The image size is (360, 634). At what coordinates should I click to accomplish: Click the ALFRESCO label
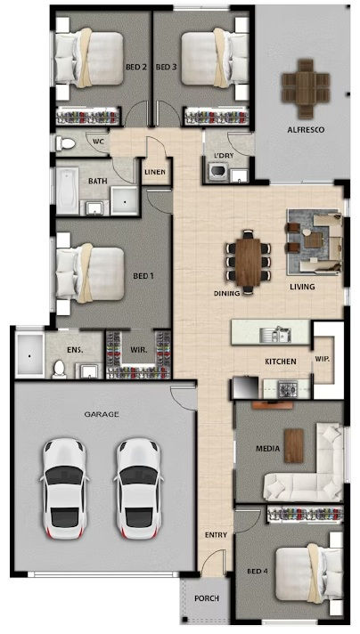pyautogui.click(x=306, y=130)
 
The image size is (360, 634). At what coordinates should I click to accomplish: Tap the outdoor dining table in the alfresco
pyautogui.click(x=306, y=88)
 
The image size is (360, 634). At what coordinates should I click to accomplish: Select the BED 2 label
pyautogui.click(x=136, y=67)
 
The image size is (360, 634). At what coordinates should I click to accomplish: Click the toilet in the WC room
pyautogui.click(x=66, y=142)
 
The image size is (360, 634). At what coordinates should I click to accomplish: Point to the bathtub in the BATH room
pyautogui.click(x=67, y=191)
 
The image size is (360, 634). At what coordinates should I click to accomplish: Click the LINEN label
pyautogui.click(x=155, y=172)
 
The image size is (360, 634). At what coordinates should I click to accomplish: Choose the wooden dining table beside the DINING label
pyautogui.click(x=249, y=263)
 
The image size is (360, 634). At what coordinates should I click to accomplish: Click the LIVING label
pyautogui.click(x=302, y=287)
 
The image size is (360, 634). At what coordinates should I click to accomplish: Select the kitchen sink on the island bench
pyautogui.click(x=275, y=335)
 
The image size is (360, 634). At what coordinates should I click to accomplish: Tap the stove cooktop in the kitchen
pyautogui.click(x=288, y=389)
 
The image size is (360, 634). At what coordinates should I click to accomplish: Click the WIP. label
pyautogui.click(x=323, y=358)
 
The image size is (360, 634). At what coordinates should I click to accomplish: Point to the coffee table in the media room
pyautogui.click(x=294, y=445)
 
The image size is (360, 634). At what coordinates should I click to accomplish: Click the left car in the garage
pyautogui.click(x=64, y=489)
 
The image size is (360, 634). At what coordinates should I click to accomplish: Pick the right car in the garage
pyautogui.click(x=138, y=489)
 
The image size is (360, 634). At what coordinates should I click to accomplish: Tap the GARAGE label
pyautogui.click(x=102, y=414)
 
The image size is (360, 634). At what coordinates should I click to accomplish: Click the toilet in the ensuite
pyautogui.click(x=59, y=370)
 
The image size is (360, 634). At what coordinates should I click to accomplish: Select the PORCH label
pyautogui.click(x=207, y=598)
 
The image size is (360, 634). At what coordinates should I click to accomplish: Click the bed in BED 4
pyautogui.click(x=309, y=573)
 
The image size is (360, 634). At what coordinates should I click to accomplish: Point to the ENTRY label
pyautogui.click(x=216, y=535)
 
